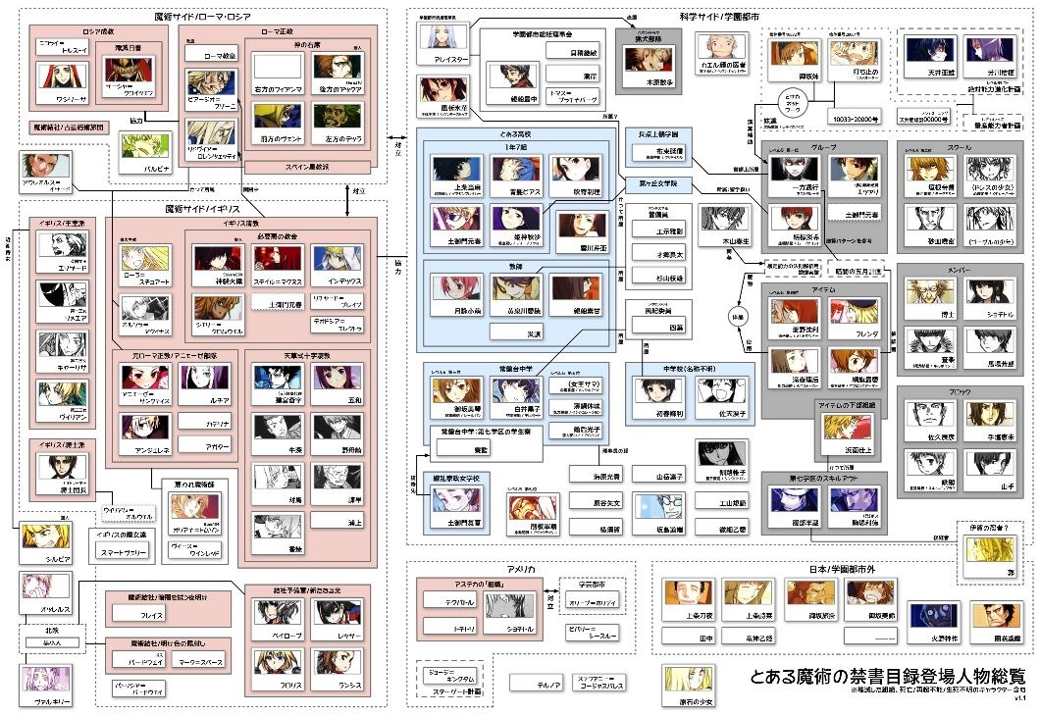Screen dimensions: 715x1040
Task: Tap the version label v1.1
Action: click(1019, 699)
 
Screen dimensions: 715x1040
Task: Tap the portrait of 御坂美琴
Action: click(454, 390)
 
